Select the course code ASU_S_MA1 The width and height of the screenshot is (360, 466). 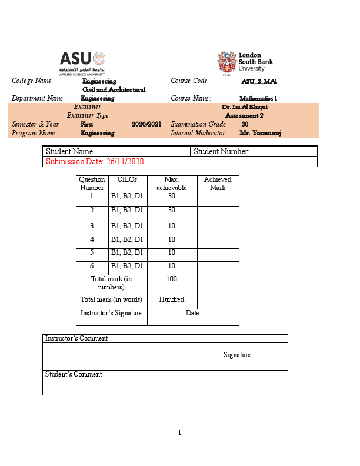pos(259,81)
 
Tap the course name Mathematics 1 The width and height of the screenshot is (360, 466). pos(258,99)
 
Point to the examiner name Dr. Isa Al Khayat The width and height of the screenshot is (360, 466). pos(245,107)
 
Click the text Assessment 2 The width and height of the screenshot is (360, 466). pos(244,116)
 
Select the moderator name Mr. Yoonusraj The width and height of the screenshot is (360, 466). pos(261,133)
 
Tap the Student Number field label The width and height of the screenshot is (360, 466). pos(222,152)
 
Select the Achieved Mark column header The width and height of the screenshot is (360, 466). pos(218,184)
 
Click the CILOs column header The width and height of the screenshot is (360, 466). pos(127,179)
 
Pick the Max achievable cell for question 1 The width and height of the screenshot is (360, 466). pos(172,197)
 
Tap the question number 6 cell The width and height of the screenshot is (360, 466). pos(92,266)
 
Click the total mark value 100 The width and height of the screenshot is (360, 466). pos(172,279)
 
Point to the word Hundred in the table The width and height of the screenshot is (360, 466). pos(172,299)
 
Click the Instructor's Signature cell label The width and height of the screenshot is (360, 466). pos(111,313)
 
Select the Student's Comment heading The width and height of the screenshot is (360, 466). pos(74,374)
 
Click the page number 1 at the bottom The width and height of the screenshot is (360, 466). pos(179,433)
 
